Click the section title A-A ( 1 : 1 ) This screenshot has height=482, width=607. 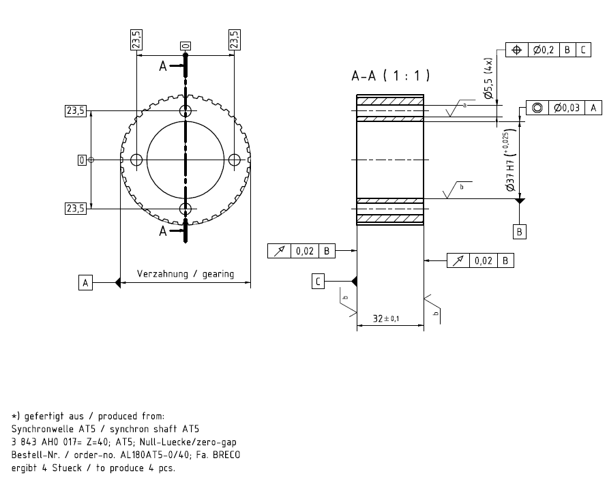(391, 76)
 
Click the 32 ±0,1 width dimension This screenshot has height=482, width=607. (386, 318)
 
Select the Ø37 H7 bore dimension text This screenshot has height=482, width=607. (511, 160)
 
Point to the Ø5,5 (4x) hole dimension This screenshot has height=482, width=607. (488, 78)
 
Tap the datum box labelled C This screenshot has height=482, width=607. (318, 282)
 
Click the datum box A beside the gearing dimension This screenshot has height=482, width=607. (85, 283)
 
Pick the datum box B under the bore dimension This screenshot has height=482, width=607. (520, 232)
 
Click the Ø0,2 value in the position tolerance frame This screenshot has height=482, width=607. (544, 50)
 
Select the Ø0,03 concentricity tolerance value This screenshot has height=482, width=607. (566, 108)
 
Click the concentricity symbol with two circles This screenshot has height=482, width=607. (537, 108)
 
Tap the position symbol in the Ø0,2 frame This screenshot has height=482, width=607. (517, 50)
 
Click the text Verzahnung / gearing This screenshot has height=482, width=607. (186, 274)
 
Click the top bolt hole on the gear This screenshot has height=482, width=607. (186, 111)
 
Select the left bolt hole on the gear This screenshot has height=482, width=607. (136, 160)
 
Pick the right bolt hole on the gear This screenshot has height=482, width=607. (234, 160)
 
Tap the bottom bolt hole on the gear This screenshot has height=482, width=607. (186, 209)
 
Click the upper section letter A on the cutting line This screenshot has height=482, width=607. (163, 67)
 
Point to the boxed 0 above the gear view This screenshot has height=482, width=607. (186, 46)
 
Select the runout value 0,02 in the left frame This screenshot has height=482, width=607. (305, 251)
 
